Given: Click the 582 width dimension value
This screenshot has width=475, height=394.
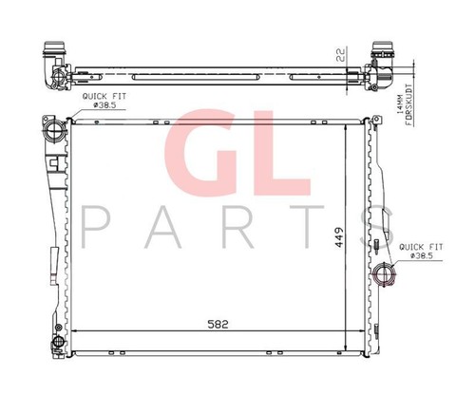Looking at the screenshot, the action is pos(218,324).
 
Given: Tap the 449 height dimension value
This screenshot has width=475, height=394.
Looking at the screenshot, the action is pos(339,237).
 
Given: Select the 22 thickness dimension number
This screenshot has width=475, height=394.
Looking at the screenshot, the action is pos(340,54).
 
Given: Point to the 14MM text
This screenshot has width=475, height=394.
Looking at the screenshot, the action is pos(400,104).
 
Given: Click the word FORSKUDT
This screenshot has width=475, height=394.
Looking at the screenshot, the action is pos(409,104).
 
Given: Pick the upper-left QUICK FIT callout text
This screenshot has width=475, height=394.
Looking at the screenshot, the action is pos(104,96).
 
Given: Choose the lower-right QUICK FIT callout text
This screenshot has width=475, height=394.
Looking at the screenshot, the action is pos(421,247).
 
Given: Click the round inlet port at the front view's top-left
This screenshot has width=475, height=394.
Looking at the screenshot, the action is pos(56,131).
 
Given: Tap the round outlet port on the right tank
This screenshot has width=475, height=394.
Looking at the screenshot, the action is pos(384,274).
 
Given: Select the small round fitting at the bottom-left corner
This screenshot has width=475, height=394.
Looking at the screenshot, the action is pos(59,342).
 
